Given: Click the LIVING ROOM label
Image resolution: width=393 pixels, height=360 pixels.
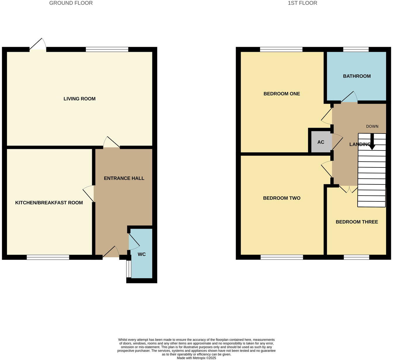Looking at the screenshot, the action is tap(79, 99).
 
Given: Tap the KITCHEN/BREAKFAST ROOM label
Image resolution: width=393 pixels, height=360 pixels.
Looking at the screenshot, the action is tap(49, 203).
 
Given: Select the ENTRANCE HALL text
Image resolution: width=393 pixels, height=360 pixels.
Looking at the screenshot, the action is tap(124, 178).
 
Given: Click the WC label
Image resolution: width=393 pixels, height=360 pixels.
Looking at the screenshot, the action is tap(142, 254).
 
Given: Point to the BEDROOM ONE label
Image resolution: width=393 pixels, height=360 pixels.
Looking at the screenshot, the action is tap(282, 94).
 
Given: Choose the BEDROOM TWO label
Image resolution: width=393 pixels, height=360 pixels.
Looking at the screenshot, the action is tap(282, 198).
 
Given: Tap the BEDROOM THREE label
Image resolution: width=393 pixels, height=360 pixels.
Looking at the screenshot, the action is tap(357, 222).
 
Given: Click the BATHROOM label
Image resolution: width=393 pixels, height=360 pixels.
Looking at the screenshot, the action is tap(357, 76).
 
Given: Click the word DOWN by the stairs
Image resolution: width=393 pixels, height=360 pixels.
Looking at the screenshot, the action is tap(372, 126).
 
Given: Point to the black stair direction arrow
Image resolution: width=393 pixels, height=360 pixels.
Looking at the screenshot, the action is tap(372, 142).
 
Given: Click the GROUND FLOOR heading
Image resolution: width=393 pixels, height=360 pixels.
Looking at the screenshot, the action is tap(71, 3).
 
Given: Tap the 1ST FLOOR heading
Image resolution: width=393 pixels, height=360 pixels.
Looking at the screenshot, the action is tap(302, 3).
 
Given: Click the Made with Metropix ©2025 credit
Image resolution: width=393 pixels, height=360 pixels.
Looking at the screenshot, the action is tap(196, 358).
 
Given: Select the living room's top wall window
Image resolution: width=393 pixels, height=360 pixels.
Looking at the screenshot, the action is tap(107, 49).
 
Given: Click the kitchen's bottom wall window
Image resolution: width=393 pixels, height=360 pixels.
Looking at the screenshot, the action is tap(48, 257).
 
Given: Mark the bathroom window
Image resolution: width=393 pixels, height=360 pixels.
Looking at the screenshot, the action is tap(356, 49).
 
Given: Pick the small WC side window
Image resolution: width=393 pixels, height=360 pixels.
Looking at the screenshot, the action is tap(129, 269).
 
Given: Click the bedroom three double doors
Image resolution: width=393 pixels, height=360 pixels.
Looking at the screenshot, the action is tap(348, 189).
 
